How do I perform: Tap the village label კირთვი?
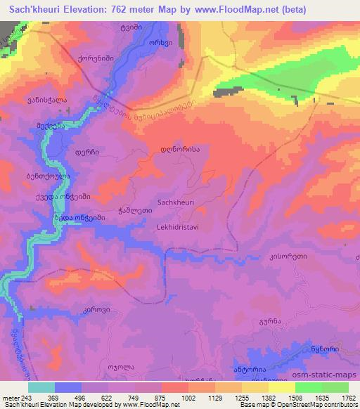point(86,309)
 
